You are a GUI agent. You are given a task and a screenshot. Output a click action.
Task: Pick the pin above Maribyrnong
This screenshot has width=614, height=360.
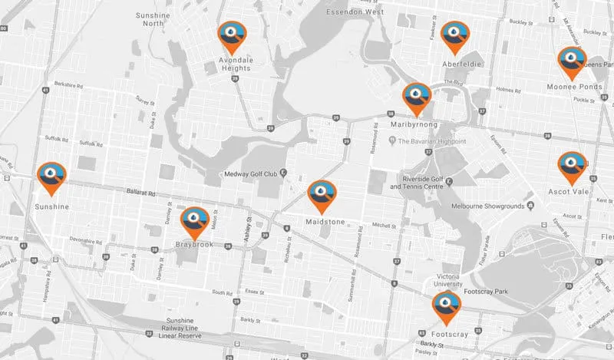coord(418,97)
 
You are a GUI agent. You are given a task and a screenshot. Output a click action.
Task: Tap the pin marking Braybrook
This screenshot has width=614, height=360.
coord(195,220)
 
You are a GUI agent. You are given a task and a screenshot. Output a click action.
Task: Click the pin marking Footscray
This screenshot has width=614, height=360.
coord(445,306)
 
